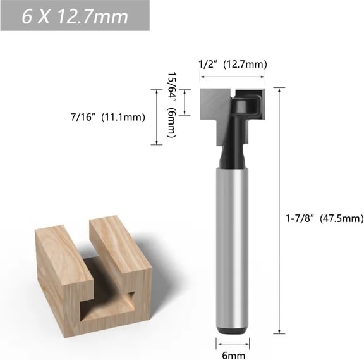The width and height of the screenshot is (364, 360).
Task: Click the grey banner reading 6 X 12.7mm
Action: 75,16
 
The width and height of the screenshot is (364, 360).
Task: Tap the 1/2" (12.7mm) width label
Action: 233,65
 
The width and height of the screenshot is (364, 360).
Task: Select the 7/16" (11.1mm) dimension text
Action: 108,117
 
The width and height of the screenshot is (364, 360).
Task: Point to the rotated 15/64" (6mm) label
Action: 172,104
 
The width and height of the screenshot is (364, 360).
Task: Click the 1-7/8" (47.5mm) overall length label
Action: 324,219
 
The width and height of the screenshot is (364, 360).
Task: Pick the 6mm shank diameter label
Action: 233,356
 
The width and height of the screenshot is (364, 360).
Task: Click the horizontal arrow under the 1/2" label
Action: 233,77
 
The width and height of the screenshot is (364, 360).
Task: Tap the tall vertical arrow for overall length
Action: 279,211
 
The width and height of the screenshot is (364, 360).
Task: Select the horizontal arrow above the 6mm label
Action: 233,344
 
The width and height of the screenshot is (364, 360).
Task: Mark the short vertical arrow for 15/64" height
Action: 185,102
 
